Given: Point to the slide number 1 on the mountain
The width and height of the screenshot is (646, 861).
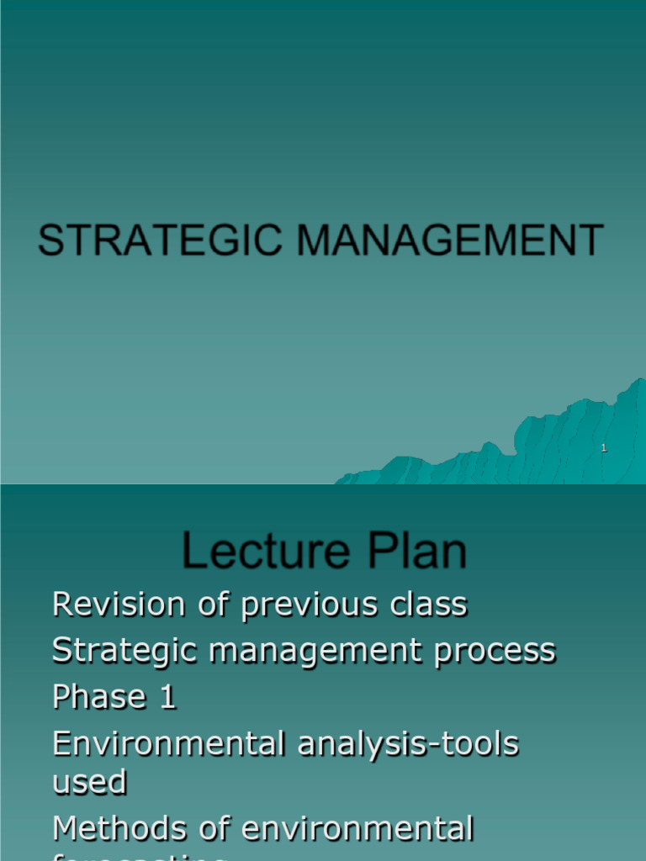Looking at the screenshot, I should (x=604, y=448).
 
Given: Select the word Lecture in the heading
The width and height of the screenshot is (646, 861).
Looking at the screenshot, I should (x=253, y=552).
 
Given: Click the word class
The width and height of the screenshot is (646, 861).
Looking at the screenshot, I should (x=426, y=605).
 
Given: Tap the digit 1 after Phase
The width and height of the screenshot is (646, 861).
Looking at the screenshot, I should (x=168, y=697).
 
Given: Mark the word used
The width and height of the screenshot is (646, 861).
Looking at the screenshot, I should (x=89, y=783).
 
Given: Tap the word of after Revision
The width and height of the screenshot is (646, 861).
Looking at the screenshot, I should (x=204, y=605).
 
